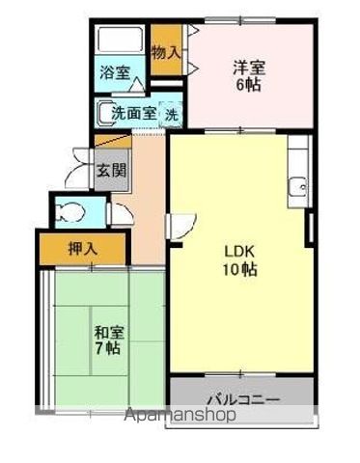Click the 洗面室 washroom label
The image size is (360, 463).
point(132,114)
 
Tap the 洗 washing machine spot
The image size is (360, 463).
point(170,114)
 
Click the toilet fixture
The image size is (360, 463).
point(69,212)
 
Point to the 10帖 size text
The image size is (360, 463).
point(242,270)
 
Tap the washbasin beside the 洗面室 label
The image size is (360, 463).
point(103,113)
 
